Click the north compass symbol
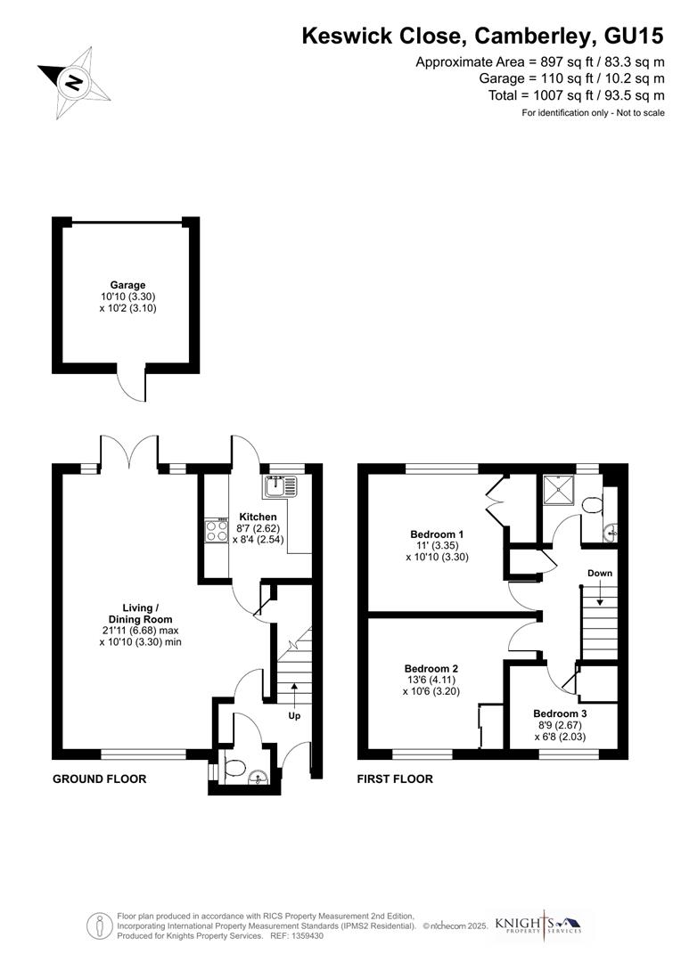74,83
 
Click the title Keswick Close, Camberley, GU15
483,36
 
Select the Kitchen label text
258,517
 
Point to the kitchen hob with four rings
217,531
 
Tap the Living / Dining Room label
140,614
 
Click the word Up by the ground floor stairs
294,715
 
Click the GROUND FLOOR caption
99,779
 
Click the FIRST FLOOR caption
395,779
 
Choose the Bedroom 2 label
431,668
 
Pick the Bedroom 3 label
560,713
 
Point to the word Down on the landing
600,573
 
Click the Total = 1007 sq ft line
576,94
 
